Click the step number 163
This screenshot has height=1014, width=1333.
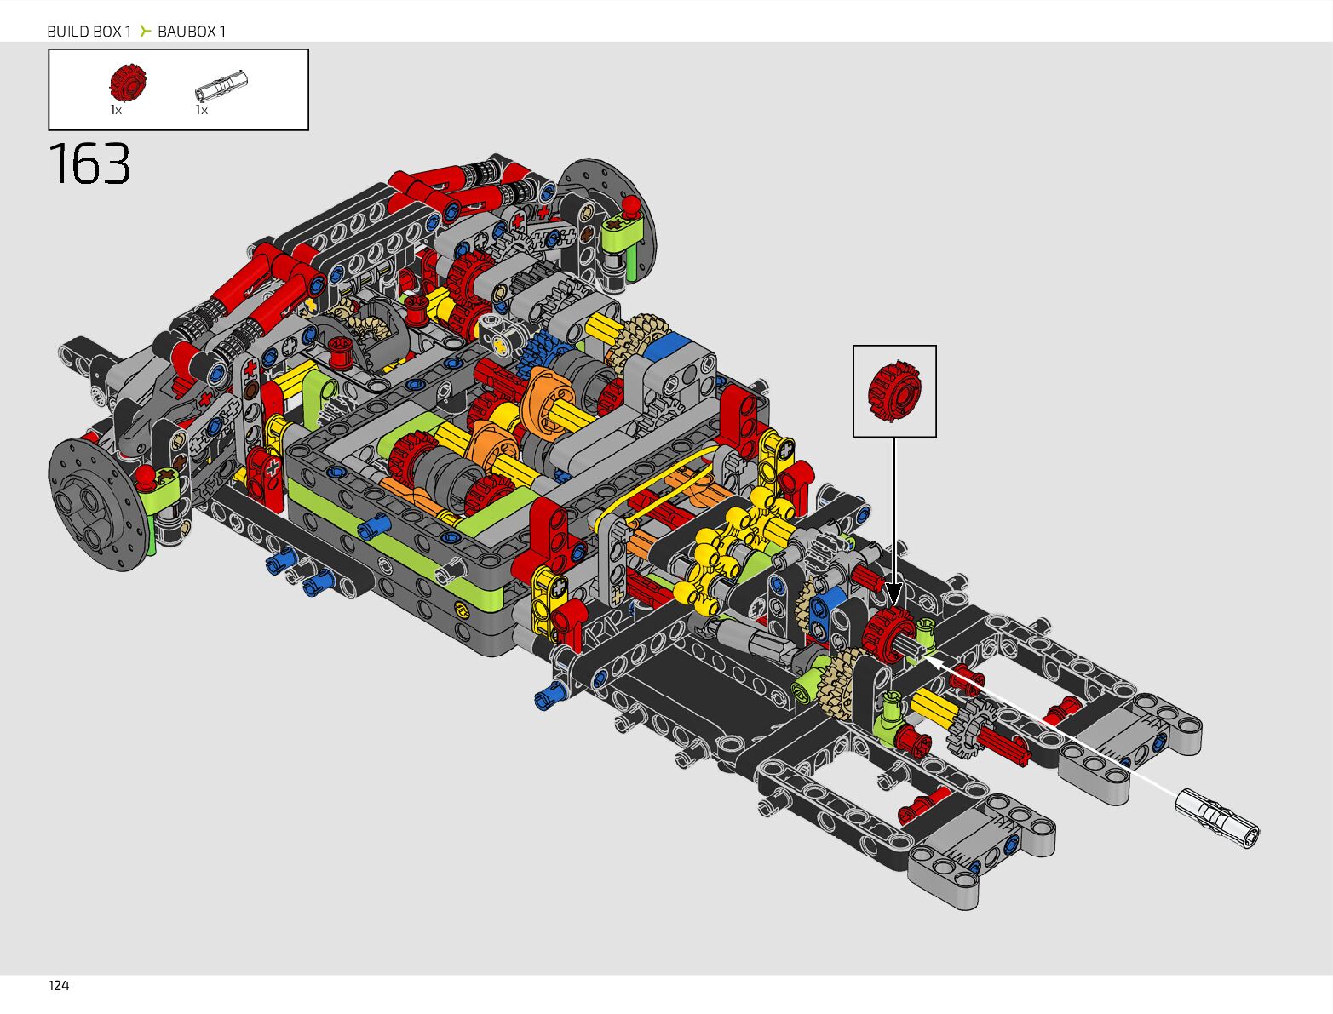pos(89,163)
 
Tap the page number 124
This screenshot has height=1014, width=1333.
pos(59,986)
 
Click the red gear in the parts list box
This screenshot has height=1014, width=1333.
pos(128,83)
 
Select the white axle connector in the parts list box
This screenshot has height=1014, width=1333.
pos(221,85)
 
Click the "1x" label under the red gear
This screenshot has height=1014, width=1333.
pos(115,110)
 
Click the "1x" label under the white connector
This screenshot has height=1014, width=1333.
pos(201,110)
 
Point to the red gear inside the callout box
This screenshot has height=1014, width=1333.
pos(894,391)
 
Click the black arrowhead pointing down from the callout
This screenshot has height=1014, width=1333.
pos(893,595)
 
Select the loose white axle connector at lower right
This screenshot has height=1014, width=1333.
pos(1217,818)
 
